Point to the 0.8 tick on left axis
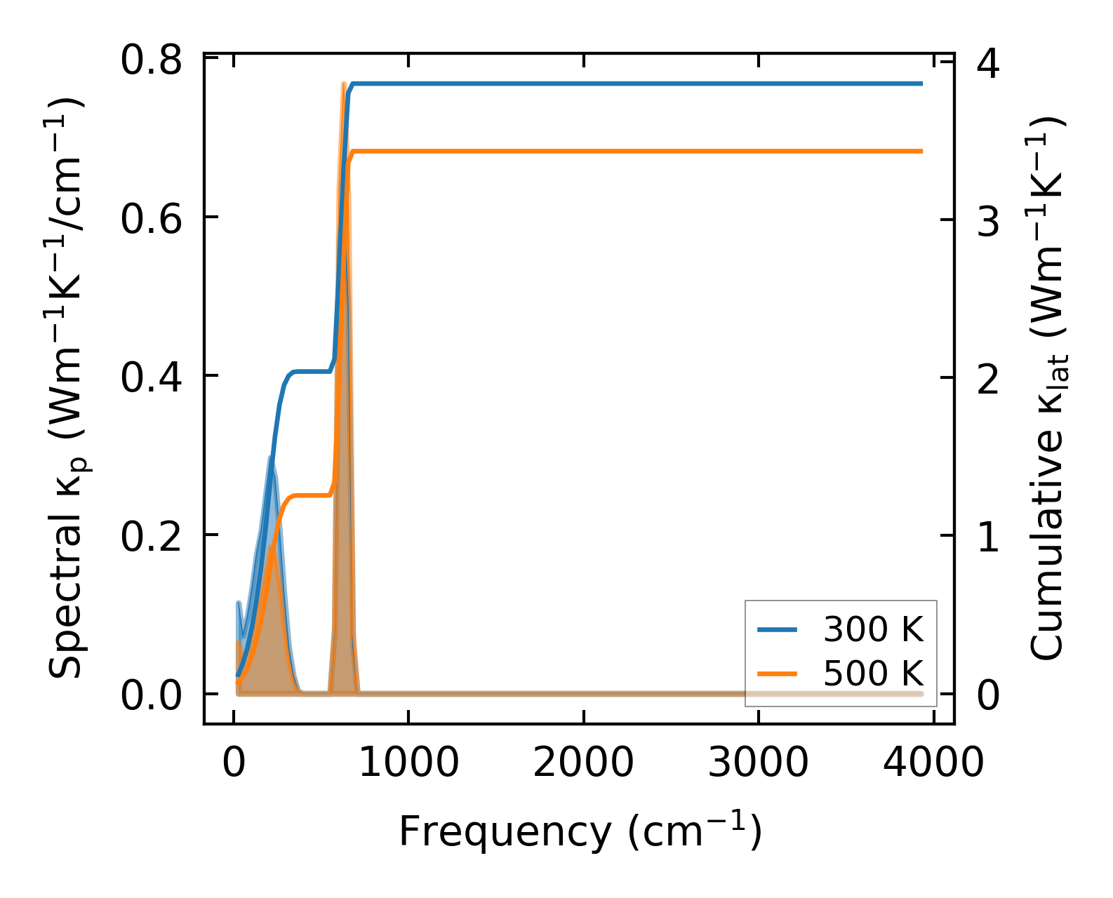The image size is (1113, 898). (x=152, y=60)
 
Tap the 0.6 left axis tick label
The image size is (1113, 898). (x=152, y=219)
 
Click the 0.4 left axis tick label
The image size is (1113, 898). (x=152, y=377)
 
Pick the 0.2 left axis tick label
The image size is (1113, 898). (x=152, y=537)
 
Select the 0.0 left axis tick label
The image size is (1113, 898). (x=152, y=696)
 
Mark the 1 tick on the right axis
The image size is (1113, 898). (x=988, y=538)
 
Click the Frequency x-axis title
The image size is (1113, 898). (x=580, y=832)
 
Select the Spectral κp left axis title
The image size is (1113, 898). (x=67, y=387)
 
